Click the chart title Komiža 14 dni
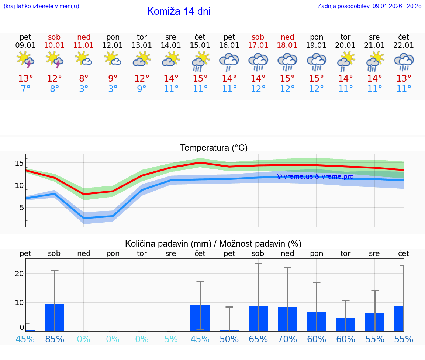click(179, 11)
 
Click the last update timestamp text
click(369, 6)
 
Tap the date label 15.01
click(200, 45)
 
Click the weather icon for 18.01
click(287, 62)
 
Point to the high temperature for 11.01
click(84, 79)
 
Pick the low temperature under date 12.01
click(113, 89)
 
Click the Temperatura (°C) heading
click(214, 148)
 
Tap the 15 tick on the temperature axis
click(19, 163)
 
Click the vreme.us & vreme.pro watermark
click(315, 176)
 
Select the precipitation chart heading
click(213, 244)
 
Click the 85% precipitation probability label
click(55, 339)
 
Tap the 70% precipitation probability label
click(287, 339)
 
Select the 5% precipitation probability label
click(171, 339)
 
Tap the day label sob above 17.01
click(258, 37)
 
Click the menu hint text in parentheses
click(41, 6)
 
